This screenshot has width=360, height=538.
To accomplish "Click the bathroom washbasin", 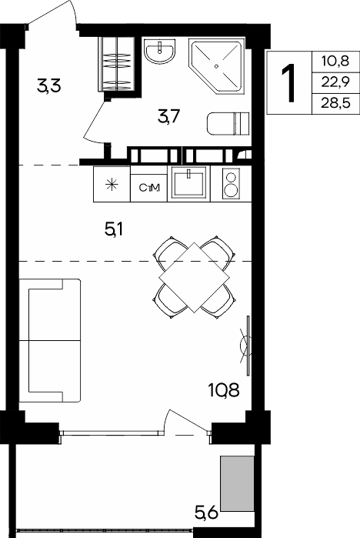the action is pos(159,51).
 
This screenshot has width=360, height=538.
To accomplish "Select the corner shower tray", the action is pos(216,66).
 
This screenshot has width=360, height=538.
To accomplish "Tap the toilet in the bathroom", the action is pos(228,123).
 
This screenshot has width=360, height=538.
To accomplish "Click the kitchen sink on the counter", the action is pos(188,183).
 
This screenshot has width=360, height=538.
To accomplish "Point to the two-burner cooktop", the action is pos(231,183).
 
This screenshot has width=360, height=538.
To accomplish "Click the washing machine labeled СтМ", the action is pos(148,188).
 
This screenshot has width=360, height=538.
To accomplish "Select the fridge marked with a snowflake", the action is pos(112,184).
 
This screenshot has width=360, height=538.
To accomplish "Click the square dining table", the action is pos(194,277).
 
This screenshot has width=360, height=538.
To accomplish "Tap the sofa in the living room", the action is pos(50,340).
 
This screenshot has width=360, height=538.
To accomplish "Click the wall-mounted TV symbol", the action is pos(247,346).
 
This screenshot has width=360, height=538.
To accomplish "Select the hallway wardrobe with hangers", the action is pos(117,64).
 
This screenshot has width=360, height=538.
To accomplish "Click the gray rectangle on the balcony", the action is pos(237,483).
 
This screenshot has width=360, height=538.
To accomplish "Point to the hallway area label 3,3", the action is pos(49,85).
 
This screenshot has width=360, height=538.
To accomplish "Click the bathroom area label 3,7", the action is pos(168,117).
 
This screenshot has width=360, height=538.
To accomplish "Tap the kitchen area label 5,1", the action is pos(114,229).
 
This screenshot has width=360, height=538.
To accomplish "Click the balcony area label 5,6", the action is pos(206,513).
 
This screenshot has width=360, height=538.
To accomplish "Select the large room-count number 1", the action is pos(288,83).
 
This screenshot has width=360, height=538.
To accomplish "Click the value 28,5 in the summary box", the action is pos(335,103).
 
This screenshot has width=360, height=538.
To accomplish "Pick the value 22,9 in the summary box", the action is pos(335,82).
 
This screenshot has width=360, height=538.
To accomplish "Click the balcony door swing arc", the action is pos(165,421).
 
